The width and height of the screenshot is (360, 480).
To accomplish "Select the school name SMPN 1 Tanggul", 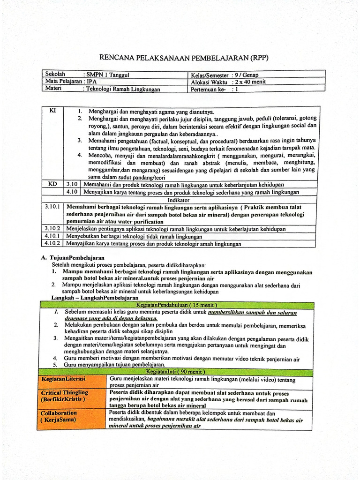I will pos(108,75).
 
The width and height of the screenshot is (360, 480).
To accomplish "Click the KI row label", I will pos(52,111).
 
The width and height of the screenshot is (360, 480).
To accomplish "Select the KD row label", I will pos(52,184).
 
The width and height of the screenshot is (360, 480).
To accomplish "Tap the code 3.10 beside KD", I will pos(72,184).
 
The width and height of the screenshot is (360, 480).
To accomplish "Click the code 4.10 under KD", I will pos(72,192).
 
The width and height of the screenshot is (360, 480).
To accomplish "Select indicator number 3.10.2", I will pos(52,229).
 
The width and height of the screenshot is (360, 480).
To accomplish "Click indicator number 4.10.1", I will pos(52,236).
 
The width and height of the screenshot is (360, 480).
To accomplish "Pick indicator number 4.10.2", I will pos(52,244).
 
